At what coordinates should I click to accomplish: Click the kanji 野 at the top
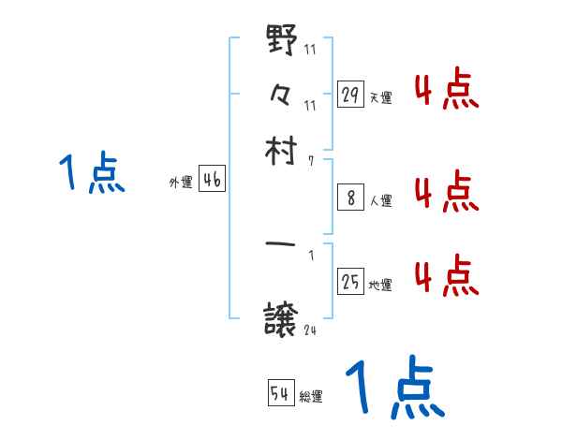[x=282, y=43]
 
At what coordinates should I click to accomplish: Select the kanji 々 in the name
[x=282, y=94]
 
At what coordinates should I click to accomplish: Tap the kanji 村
[x=282, y=149]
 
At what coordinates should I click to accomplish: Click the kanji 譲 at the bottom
[x=282, y=318]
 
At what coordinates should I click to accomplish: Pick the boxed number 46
[x=213, y=181]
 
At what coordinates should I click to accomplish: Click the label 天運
[x=381, y=97]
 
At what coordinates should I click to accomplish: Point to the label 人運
[x=381, y=200]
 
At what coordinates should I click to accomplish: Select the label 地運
[x=381, y=285]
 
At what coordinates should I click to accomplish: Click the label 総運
[x=312, y=396]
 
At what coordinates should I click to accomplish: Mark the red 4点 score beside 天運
[x=446, y=93]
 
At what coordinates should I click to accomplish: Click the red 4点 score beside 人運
[x=446, y=192]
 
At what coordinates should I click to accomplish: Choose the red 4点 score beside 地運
[x=446, y=276]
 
